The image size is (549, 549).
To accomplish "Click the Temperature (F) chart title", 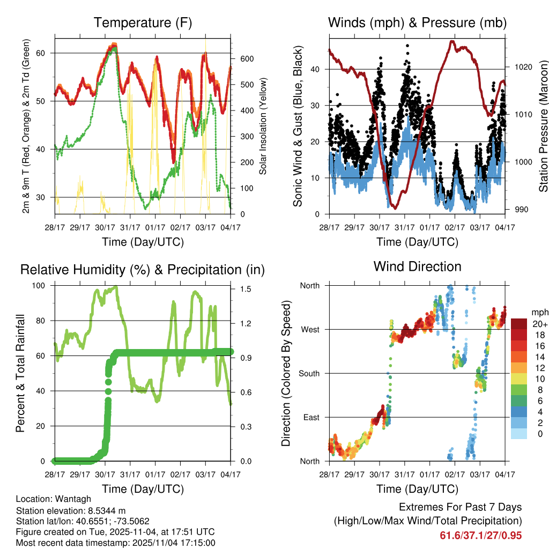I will [142, 23].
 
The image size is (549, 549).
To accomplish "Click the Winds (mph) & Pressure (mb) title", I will [417, 23].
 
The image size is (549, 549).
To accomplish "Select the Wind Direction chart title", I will [417, 266].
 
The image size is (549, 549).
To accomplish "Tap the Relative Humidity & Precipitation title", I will [142, 270].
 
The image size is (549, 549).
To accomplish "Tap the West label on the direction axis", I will [310, 330].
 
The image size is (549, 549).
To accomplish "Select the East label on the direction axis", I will [310, 417].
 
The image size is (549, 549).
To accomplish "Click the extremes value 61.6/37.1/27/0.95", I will [480, 536].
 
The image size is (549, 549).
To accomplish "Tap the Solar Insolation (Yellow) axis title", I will [263, 127].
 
